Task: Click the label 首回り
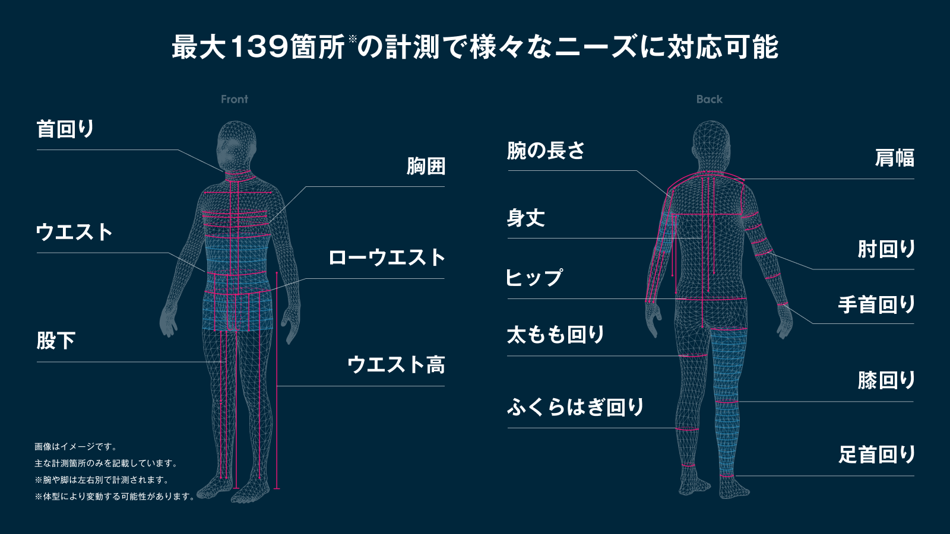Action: pyautogui.click(x=65, y=129)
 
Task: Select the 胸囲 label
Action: pyautogui.click(x=426, y=166)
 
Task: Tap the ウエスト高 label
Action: pyautogui.click(x=395, y=364)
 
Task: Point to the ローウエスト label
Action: pyautogui.click(x=386, y=258)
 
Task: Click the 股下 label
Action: pyautogui.click(x=56, y=341)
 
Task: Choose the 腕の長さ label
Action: pyautogui.click(x=546, y=151)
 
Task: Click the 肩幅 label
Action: pyautogui.click(x=894, y=158)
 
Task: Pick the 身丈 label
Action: pyautogui.click(x=525, y=218)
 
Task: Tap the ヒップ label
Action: pyautogui.click(x=534, y=278)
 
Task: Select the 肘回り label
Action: pyautogui.click(x=886, y=249)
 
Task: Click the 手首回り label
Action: pyautogui.click(x=876, y=304)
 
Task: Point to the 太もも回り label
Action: pyautogui.click(x=556, y=335)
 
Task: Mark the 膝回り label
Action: pyautogui.click(x=886, y=380)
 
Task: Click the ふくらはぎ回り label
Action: pyautogui.click(x=575, y=407)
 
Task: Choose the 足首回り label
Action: pyautogui.click(x=876, y=454)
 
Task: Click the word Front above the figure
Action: pyautogui.click(x=235, y=99)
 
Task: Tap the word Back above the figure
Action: pyautogui.click(x=709, y=99)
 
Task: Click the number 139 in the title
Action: pyautogui.click(x=259, y=47)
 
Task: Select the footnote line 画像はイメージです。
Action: pyautogui.click(x=76, y=447)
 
